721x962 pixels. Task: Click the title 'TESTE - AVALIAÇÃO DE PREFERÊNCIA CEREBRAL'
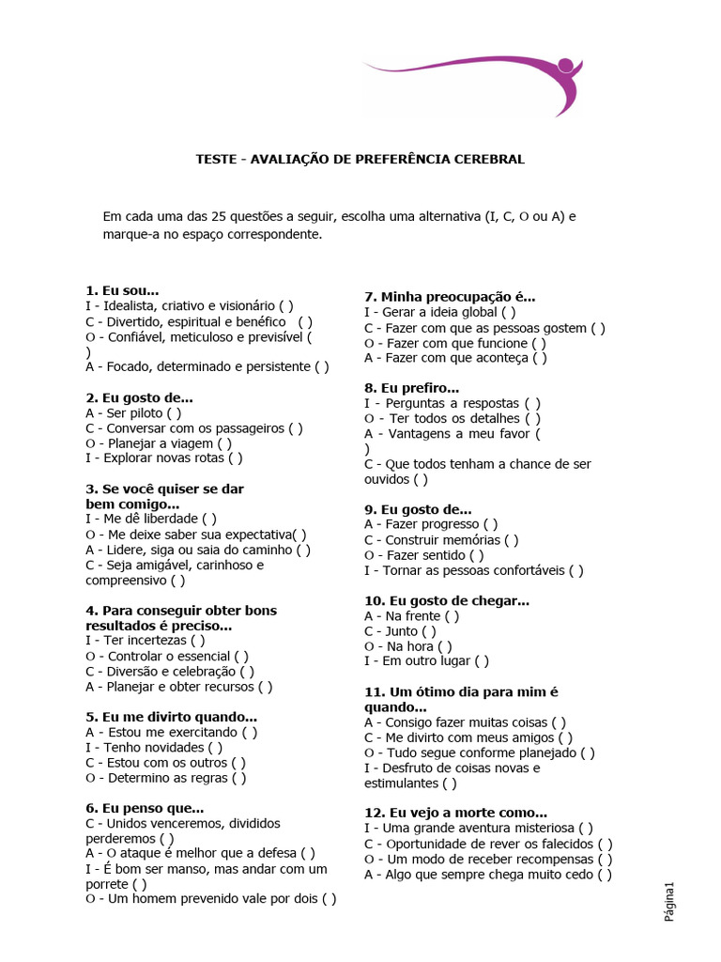[360, 160]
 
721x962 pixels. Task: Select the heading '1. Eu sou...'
[122, 290]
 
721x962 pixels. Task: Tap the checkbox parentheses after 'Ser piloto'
[174, 412]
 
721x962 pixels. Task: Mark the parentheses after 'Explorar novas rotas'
[235, 458]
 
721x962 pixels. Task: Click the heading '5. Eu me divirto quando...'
[171, 717]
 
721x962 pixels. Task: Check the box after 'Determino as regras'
[239, 778]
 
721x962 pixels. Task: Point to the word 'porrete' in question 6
[106, 884]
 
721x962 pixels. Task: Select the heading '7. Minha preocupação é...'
[450, 297]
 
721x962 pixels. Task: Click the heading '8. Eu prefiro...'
[411, 388]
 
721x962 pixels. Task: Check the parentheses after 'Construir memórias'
[511, 540]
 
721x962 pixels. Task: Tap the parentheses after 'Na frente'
[452, 616]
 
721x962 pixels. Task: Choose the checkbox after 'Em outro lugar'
[482, 661]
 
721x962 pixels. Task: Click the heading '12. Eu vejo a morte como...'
[455, 813]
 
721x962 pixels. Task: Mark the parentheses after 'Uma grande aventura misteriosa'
[585, 829]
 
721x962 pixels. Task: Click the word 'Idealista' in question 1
[127, 305]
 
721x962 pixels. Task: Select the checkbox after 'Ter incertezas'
[197, 641]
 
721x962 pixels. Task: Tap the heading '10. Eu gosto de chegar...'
[447, 601]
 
